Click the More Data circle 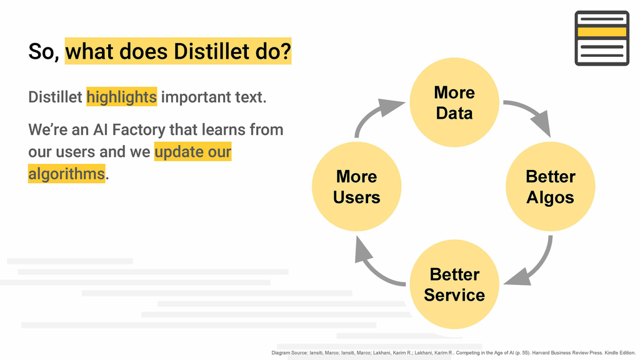point(454,102)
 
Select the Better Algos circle point(550,186)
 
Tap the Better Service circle point(454,284)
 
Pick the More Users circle point(357,186)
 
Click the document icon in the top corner point(602,38)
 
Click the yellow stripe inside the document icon point(602,32)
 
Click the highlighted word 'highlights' point(122,97)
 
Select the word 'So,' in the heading point(44,52)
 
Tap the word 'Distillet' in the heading point(211,51)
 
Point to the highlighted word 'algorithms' point(66,174)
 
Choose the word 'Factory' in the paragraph point(138,130)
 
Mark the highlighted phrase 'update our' point(192,152)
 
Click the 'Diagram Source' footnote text point(454,352)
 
